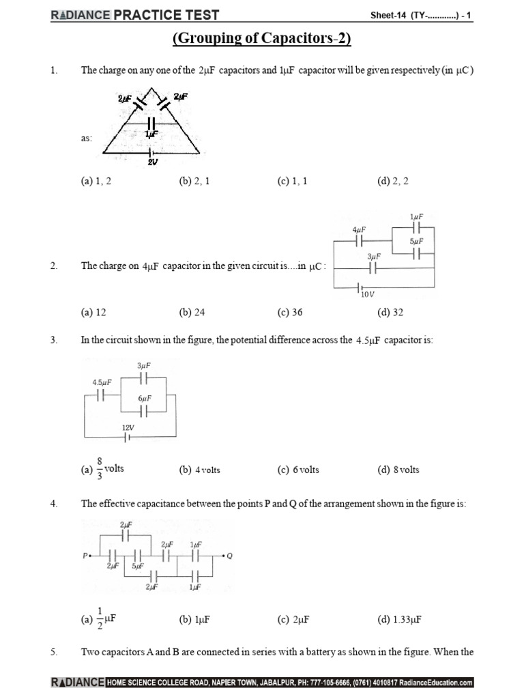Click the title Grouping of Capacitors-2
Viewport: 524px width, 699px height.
point(262,39)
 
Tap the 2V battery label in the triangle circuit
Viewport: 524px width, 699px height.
point(151,162)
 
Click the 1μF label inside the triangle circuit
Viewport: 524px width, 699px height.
point(151,134)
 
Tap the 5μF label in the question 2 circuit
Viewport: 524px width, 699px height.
point(417,241)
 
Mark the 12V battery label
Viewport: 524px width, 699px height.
point(128,427)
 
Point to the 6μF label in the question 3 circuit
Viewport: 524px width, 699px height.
point(143,398)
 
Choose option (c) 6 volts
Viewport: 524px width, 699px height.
point(298,470)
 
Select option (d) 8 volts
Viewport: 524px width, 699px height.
point(398,470)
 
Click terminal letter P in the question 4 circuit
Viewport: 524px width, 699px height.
point(85,556)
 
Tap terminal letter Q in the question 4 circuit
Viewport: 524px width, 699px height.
point(229,556)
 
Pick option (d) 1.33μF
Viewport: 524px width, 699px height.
point(398,619)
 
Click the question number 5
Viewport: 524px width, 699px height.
point(53,652)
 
